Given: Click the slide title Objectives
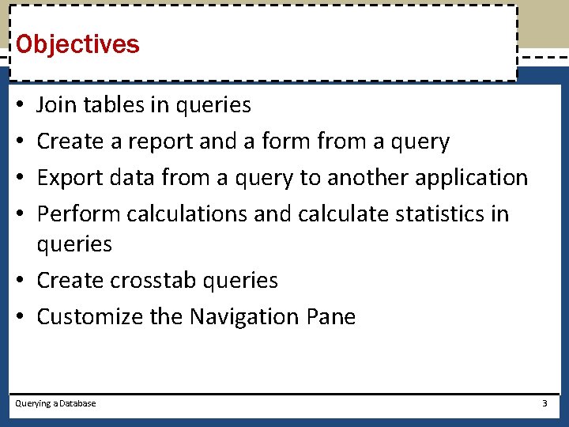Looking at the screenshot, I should [x=77, y=44].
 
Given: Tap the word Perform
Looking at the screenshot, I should [x=78, y=214].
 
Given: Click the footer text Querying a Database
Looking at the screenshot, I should [x=56, y=403].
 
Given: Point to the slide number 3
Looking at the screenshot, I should [x=545, y=403].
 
